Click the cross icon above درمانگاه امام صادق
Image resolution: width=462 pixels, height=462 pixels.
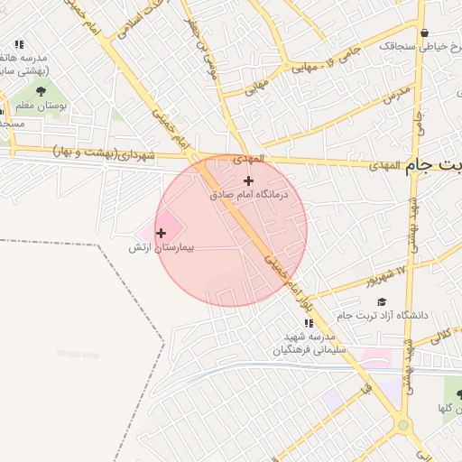pyautogui.click(x=249, y=180)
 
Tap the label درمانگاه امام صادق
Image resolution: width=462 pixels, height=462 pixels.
pyautogui.click(x=248, y=194)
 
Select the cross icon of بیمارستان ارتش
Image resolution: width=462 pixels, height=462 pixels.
pyautogui.click(x=162, y=233)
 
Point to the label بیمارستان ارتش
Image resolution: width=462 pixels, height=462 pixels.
pyautogui.click(x=162, y=246)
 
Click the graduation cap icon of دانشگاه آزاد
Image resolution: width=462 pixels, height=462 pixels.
pyautogui.click(x=381, y=302)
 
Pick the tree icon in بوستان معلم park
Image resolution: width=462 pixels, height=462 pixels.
pyautogui.click(x=41, y=91)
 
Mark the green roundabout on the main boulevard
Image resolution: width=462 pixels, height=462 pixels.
pyautogui.click(x=403, y=425)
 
